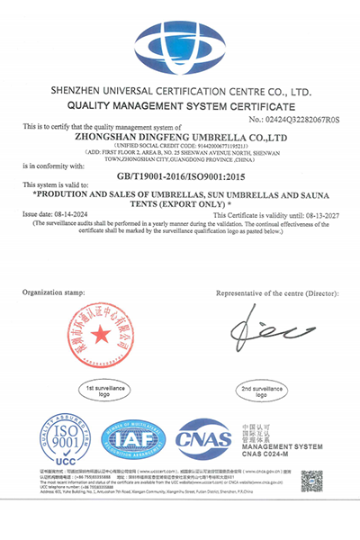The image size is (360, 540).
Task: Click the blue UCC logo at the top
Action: point(180,44)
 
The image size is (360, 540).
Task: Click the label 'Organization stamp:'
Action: point(53,292)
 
